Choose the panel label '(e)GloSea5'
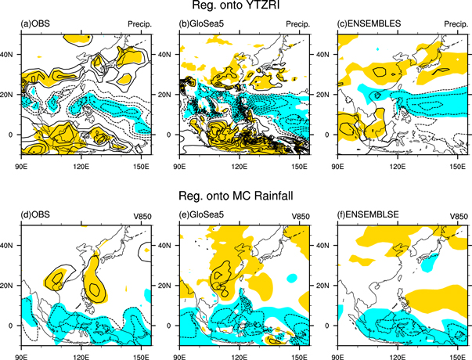199,214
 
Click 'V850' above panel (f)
459,214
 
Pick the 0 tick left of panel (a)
16,135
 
